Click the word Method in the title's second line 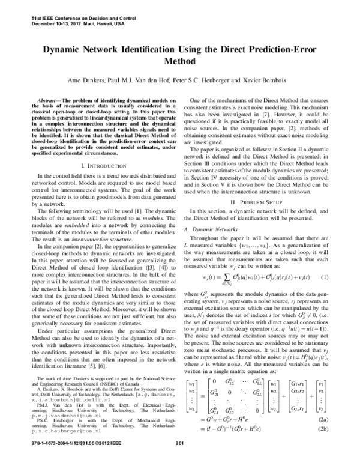(x=180, y=62)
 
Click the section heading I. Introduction (x=97, y=164)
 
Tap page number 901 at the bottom (x=178, y=459)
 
